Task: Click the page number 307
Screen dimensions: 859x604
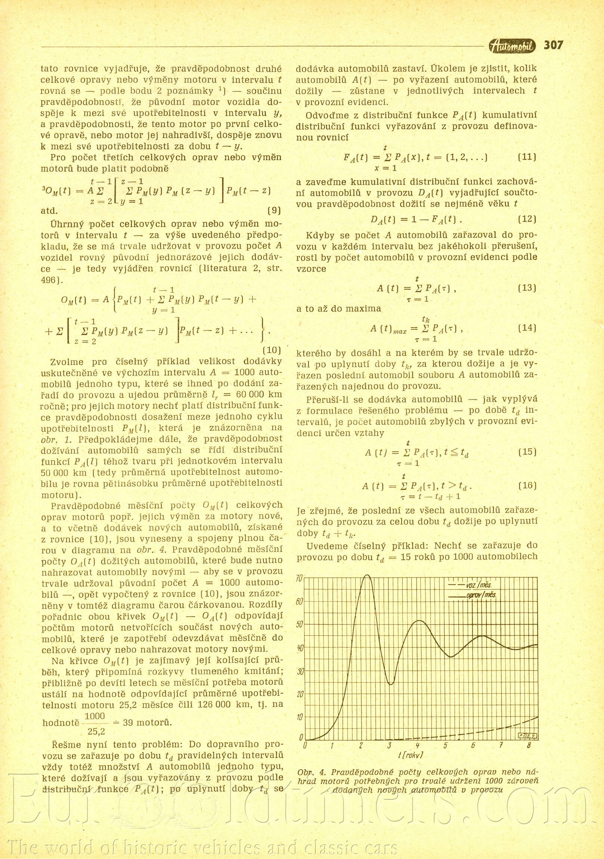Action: click(x=553, y=45)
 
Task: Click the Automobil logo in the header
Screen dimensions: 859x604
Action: click(x=512, y=46)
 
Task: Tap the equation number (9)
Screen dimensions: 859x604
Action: click(x=274, y=210)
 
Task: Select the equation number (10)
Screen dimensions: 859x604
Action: click(x=272, y=350)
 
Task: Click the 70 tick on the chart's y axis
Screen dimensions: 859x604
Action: click(x=299, y=579)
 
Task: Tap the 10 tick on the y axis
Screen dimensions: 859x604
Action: click(x=299, y=717)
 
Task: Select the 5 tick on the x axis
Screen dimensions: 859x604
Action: click(x=446, y=746)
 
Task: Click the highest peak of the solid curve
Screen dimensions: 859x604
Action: click(x=368, y=576)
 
